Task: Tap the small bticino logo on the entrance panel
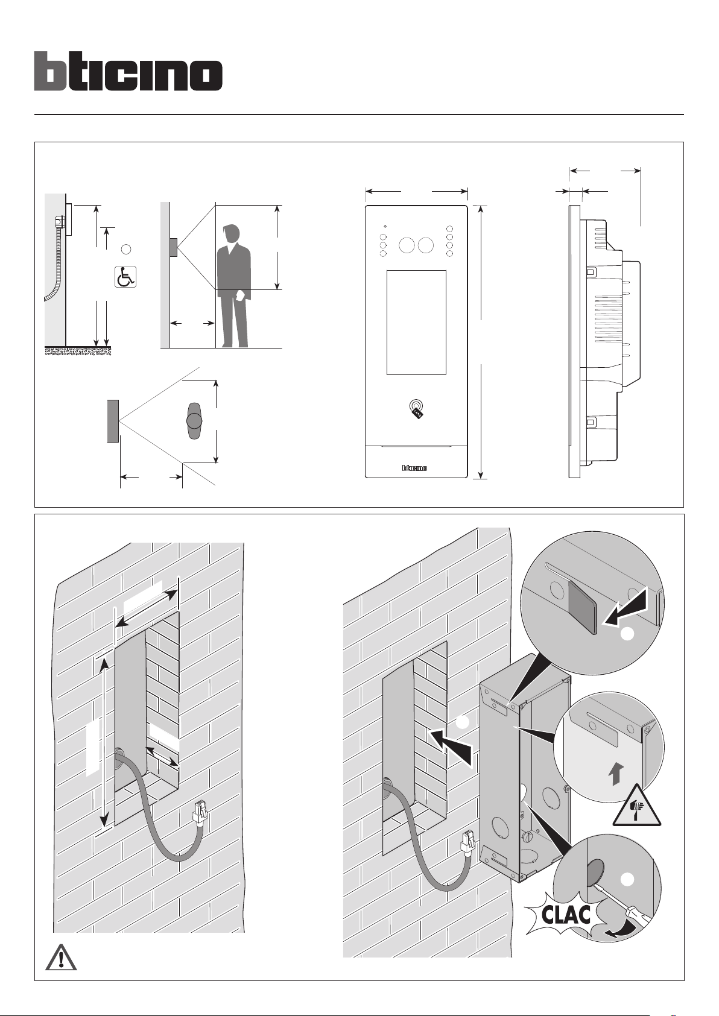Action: [x=415, y=467]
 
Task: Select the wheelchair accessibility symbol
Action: [x=126, y=276]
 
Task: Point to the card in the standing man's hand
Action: [x=240, y=295]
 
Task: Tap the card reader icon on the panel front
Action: [x=416, y=408]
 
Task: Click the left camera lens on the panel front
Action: [x=407, y=245]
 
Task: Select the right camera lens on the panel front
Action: [x=426, y=245]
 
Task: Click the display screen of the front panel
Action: [x=416, y=323]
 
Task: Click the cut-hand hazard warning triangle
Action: [x=637, y=807]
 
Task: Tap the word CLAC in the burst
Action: [x=565, y=915]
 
